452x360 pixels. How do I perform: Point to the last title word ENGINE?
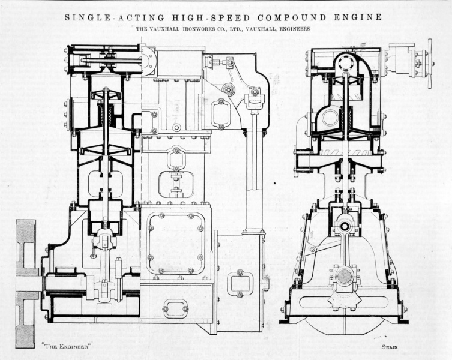tap(361, 17)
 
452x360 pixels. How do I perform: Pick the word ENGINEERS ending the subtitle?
tap(290, 29)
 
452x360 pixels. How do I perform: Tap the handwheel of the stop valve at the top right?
tap(430, 62)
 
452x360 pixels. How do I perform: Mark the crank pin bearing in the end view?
tap(345, 277)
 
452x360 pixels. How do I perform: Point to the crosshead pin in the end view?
tap(345, 226)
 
